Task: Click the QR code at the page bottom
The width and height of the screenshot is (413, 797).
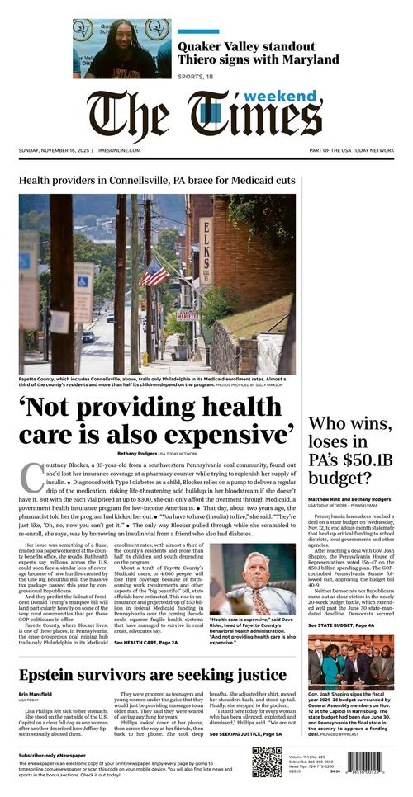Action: (267, 763)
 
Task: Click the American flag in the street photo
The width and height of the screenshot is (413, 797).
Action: (154, 273)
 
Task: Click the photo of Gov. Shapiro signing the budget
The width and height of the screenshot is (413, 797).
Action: (350, 661)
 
